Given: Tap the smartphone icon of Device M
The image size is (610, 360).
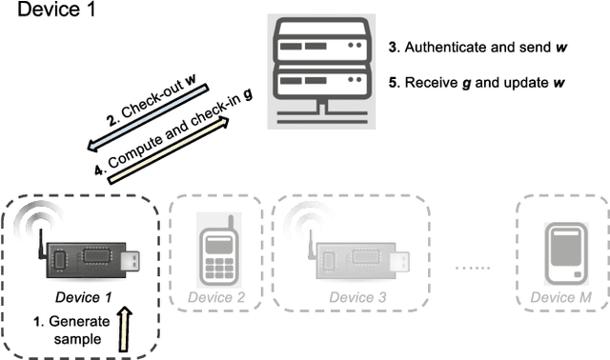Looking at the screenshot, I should click(x=562, y=251).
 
